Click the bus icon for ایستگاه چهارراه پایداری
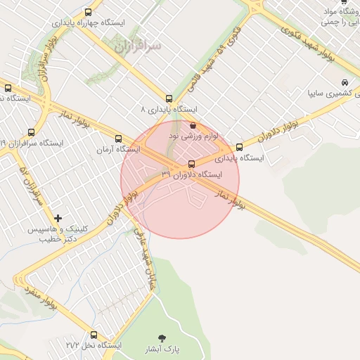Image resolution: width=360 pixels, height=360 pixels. (x=88, y=12)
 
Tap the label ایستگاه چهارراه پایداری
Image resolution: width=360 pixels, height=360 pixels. (x=88, y=22)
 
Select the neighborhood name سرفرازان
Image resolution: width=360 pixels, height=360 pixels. (x=136, y=46)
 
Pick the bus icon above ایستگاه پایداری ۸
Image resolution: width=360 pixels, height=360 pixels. (x=169, y=99)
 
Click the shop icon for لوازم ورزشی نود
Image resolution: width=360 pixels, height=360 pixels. (x=193, y=124)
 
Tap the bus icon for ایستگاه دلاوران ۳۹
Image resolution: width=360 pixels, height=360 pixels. (x=192, y=164)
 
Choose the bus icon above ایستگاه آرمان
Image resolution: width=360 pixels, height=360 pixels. (x=118, y=139)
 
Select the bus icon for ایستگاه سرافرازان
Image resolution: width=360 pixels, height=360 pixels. (x=31, y=132)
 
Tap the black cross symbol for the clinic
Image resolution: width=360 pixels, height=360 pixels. (x=58, y=218)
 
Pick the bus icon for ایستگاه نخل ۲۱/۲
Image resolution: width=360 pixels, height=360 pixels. (x=94, y=335)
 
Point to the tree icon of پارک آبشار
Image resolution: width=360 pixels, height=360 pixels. (x=165, y=338)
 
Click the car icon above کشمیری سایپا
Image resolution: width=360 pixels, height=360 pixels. (x=344, y=82)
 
